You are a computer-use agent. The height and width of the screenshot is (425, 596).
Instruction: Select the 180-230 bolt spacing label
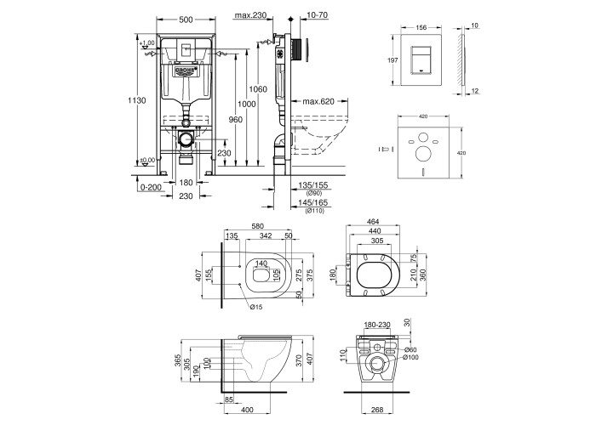(x=377, y=325)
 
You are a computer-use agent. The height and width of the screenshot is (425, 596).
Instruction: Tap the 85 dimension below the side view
(x=229, y=399)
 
